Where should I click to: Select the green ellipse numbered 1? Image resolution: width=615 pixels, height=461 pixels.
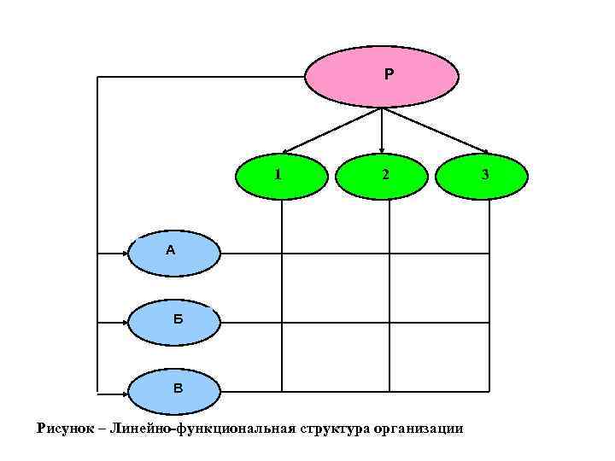[282, 176]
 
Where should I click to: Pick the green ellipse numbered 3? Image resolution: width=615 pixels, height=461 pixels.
[483, 176]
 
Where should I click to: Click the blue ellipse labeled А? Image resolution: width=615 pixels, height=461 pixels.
[173, 252]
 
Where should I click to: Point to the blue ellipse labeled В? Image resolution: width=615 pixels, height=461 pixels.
[174, 391]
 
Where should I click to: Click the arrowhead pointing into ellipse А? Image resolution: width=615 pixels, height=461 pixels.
[126, 253]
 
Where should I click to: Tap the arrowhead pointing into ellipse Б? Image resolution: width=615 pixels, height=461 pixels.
[126, 323]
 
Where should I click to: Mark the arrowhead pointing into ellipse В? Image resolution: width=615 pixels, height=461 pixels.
[126, 394]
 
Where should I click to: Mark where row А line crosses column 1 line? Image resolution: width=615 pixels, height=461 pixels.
[282, 253]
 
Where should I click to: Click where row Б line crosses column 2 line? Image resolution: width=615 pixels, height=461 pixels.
[389, 323]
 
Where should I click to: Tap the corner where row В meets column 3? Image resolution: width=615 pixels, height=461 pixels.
[489, 391]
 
